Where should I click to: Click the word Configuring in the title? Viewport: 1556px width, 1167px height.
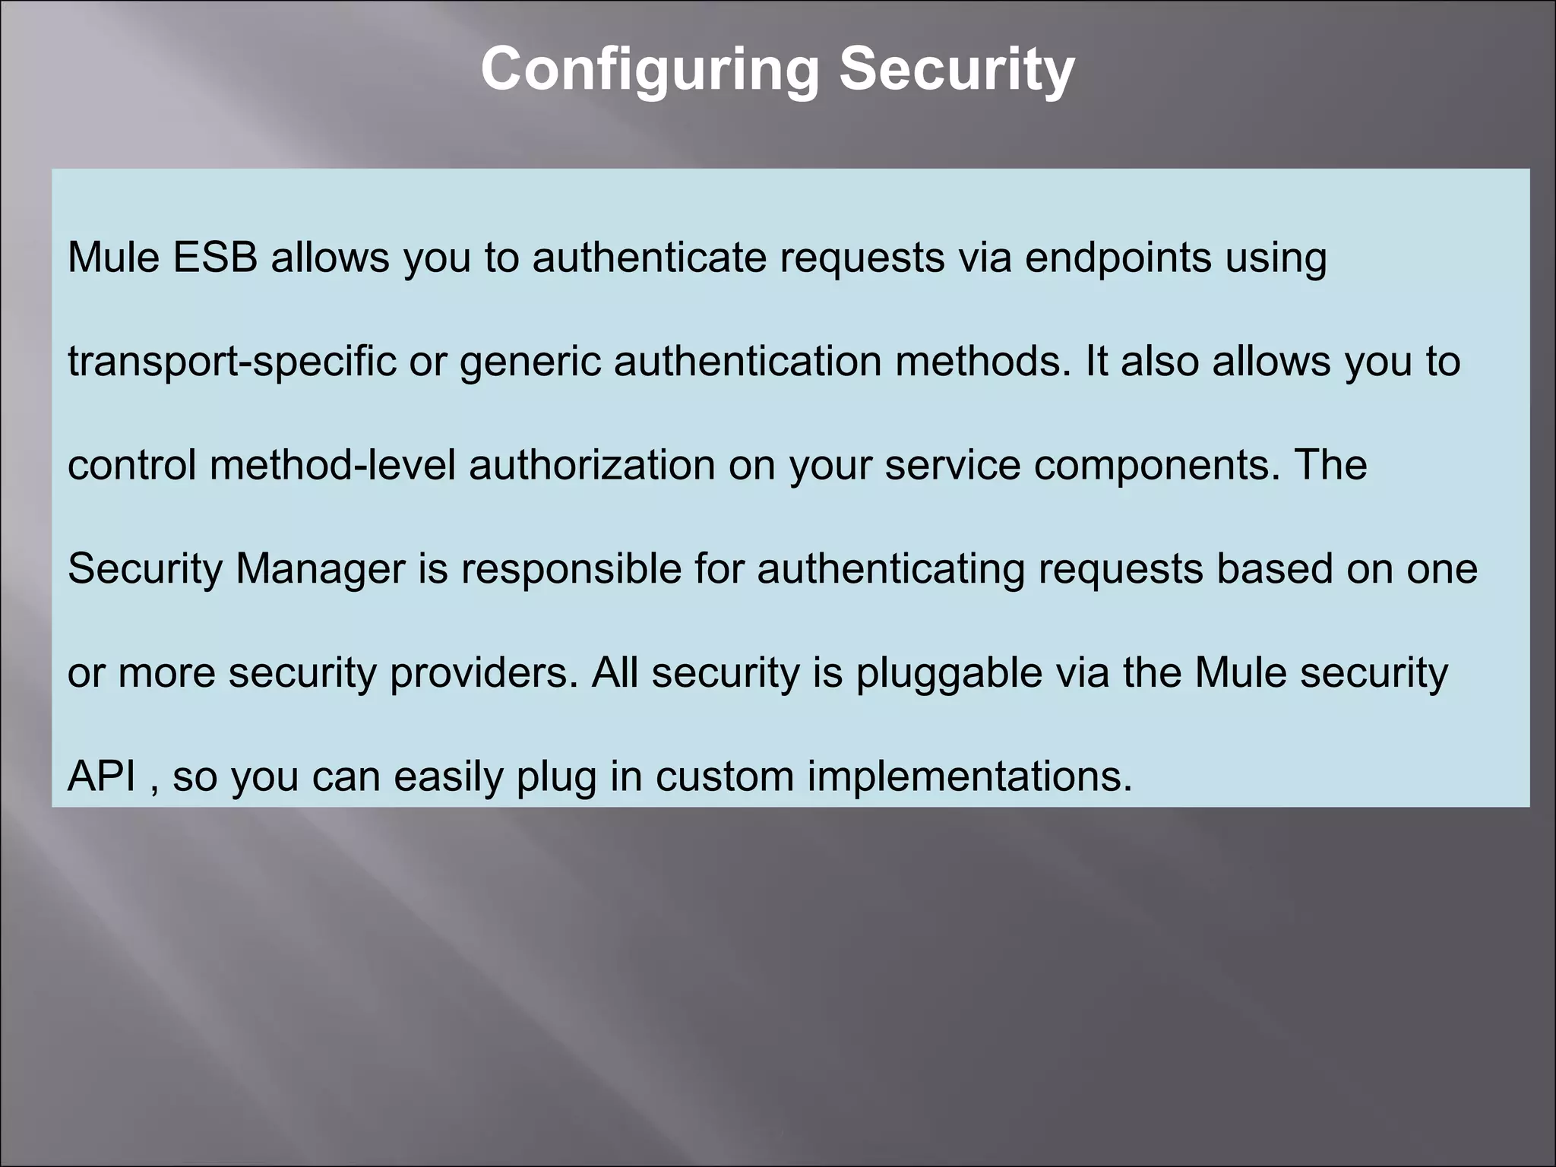pyautogui.click(x=650, y=70)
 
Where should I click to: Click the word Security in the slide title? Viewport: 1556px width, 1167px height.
pyautogui.click(x=957, y=70)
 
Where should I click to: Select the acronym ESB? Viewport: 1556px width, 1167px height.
pyautogui.click(x=215, y=258)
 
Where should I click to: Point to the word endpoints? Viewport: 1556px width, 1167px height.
pyautogui.click(x=1118, y=258)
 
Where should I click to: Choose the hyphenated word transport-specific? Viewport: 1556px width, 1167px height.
pyautogui.click(x=232, y=362)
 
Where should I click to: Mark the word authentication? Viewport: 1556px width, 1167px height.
pyautogui.click(x=748, y=362)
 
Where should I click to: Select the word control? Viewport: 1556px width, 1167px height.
pyautogui.click(x=132, y=465)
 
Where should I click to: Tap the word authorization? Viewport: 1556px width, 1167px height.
pyautogui.click(x=592, y=465)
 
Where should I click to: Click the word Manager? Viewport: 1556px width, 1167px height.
pyautogui.click(x=321, y=569)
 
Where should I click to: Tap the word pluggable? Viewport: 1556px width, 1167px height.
pyautogui.click(x=949, y=673)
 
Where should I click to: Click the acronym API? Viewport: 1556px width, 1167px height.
pyautogui.click(x=102, y=776)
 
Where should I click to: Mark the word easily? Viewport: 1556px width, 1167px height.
pyautogui.click(x=448, y=776)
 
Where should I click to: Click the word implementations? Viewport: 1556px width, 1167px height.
pyautogui.click(x=969, y=776)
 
